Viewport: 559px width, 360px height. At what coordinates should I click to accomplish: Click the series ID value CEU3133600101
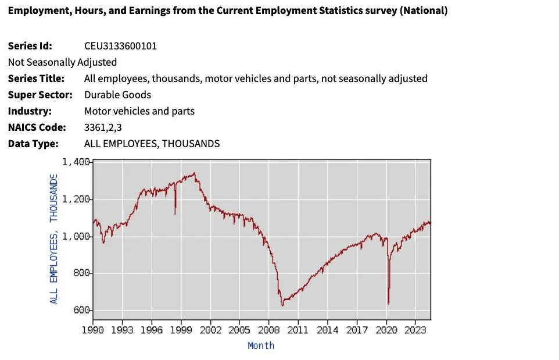[x=120, y=46]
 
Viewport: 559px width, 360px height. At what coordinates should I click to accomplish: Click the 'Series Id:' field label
[x=30, y=46]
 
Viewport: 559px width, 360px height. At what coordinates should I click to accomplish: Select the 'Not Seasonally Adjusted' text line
[x=62, y=62]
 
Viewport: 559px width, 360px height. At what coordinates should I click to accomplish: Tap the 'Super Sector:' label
[x=40, y=95]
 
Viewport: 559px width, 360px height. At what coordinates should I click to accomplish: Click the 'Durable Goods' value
[x=117, y=95]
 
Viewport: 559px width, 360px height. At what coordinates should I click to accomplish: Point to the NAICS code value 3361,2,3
[x=107, y=127]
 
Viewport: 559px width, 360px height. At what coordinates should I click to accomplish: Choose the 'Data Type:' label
[x=33, y=144]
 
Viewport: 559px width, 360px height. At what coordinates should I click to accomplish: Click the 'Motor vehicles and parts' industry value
[x=139, y=111]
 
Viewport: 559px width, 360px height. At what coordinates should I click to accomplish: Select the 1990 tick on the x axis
[x=93, y=330]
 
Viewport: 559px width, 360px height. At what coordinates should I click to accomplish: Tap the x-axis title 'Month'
[x=261, y=345]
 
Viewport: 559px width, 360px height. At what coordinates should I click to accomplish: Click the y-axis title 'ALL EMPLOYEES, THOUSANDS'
[x=53, y=238]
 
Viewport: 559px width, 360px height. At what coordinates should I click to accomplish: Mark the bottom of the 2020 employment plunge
[x=388, y=303]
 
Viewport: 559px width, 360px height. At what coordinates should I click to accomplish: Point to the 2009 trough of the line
[x=282, y=305]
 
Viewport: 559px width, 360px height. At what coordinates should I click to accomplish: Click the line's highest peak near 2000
[x=195, y=173]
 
